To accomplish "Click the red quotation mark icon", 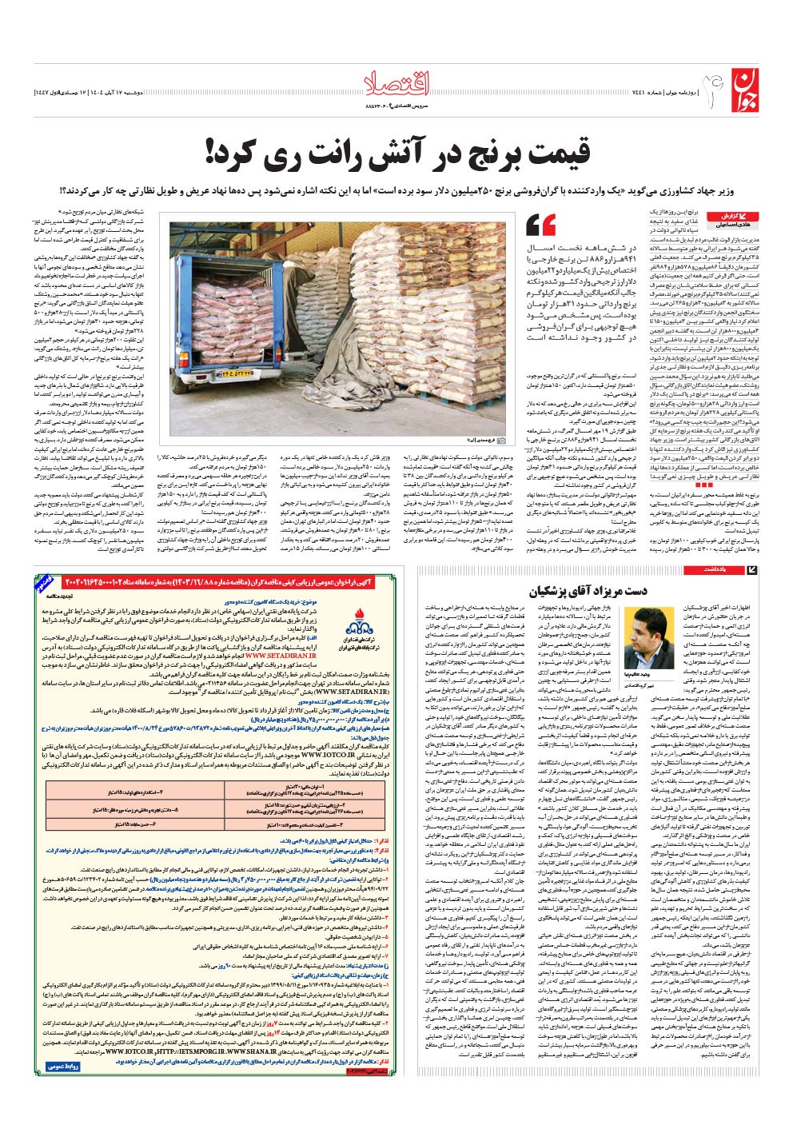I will click(541, 224).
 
